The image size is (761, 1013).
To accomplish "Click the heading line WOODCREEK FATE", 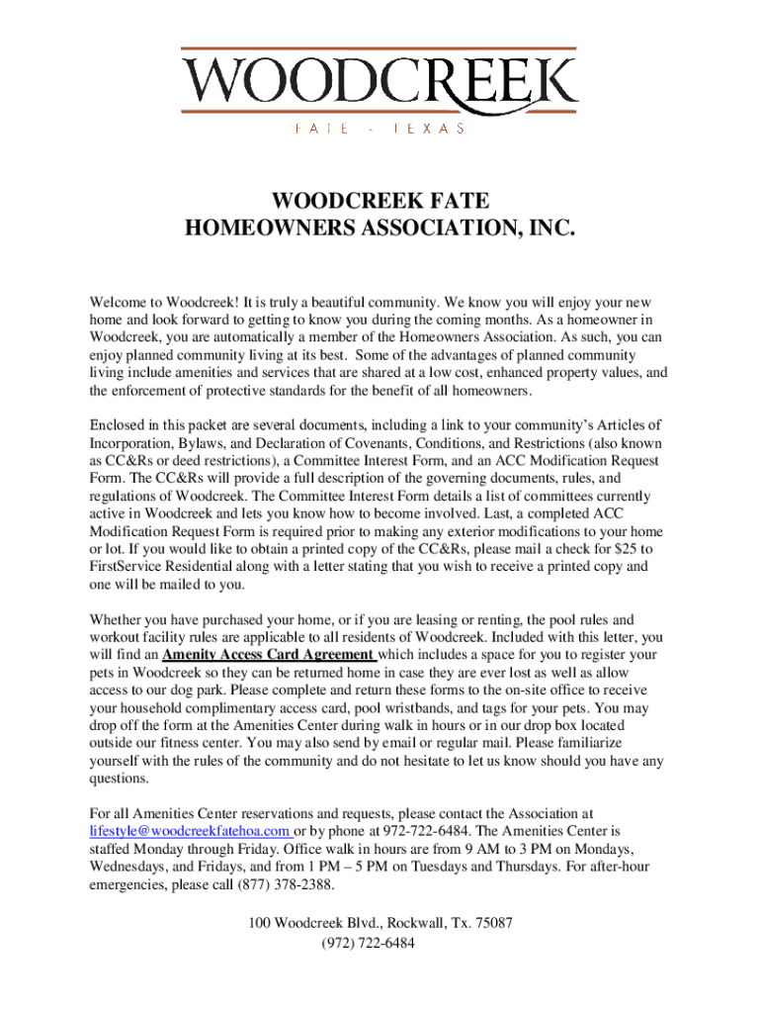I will coord(380,203).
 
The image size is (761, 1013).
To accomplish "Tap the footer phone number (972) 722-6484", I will coord(380,942).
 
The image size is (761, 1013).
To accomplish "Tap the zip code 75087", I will coord(492,923).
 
